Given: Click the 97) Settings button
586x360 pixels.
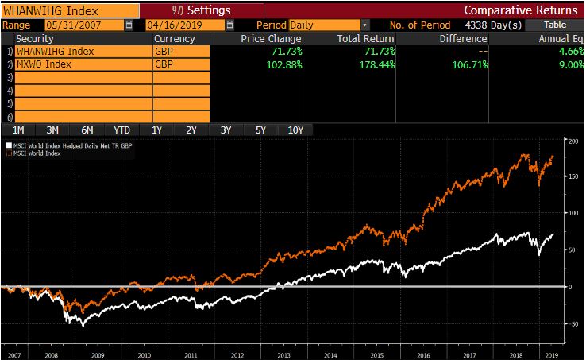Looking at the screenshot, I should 200,10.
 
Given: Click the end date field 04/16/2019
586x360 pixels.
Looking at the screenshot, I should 174,25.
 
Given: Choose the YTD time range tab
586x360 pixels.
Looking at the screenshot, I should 121,130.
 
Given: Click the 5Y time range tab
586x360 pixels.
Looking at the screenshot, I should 261,130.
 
